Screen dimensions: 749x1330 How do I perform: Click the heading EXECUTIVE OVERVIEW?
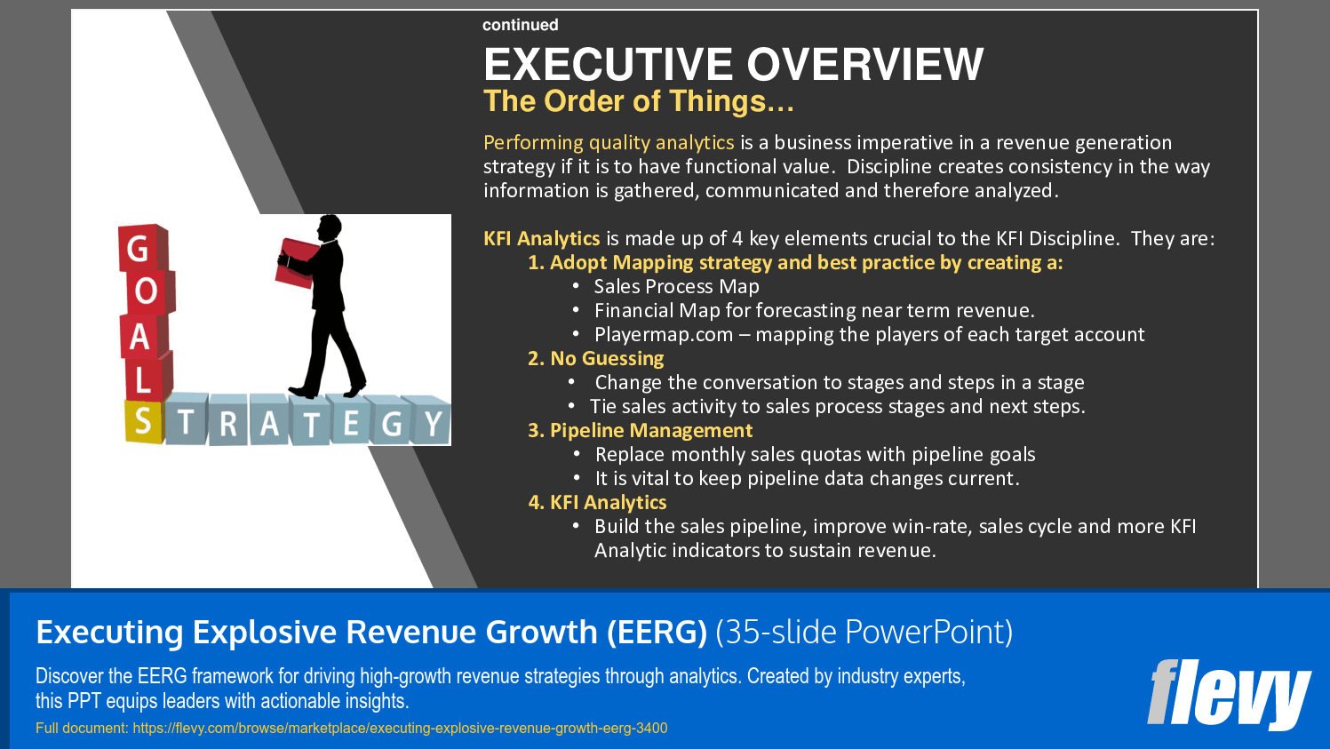click(733, 65)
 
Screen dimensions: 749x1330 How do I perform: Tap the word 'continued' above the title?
click(520, 25)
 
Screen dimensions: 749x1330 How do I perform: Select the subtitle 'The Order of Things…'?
click(638, 101)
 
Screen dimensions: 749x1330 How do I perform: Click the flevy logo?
click(1228, 693)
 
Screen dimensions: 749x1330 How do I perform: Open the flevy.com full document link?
click(400, 729)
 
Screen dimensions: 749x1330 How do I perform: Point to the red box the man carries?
click(297, 262)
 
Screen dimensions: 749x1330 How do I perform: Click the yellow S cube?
click(144, 422)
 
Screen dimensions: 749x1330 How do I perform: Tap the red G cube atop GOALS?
click(140, 249)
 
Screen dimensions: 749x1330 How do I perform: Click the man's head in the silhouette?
click(330, 227)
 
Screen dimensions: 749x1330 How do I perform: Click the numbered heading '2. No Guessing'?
click(595, 359)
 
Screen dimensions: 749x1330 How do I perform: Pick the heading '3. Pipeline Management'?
click(640, 431)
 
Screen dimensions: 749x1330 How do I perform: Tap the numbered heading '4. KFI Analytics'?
click(597, 503)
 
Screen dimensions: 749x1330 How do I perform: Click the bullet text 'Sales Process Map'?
click(676, 287)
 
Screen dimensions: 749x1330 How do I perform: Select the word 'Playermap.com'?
click(664, 335)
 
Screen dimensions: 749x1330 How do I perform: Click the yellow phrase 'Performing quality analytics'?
click(609, 143)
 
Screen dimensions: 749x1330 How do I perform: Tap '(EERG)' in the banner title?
click(657, 632)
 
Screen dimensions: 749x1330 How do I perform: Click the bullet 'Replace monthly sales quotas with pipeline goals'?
click(815, 455)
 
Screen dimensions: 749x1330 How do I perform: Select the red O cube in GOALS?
click(147, 291)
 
